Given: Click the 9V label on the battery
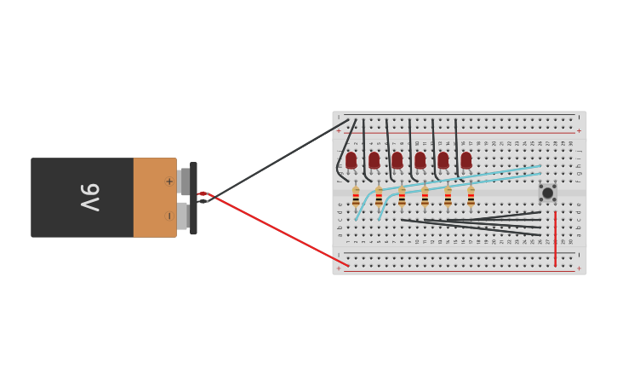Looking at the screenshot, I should (x=90, y=197).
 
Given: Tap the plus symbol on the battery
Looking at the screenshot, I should (x=169, y=181).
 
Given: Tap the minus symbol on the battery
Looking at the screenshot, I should (x=169, y=216).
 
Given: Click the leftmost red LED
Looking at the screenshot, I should (x=351, y=159).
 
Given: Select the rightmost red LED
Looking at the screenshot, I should (x=466, y=159).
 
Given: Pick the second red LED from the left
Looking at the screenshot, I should (x=374, y=159).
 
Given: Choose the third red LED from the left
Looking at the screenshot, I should (x=397, y=159).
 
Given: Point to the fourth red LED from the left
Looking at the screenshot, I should (x=420, y=159).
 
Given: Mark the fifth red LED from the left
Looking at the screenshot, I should (x=443, y=159).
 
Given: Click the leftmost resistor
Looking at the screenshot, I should (x=356, y=198).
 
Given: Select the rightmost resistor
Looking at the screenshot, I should (x=471, y=198).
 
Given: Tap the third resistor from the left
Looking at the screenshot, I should (x=402, y=198).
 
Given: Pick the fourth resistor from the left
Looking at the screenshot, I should (x=425, y=198).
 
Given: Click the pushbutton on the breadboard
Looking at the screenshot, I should (x=547, y=193).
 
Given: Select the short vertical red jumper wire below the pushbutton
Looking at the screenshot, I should (x=555, y=239).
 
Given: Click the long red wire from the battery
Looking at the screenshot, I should (x=281, y=232).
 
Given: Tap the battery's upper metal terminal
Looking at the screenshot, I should (x=185, y=181).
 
